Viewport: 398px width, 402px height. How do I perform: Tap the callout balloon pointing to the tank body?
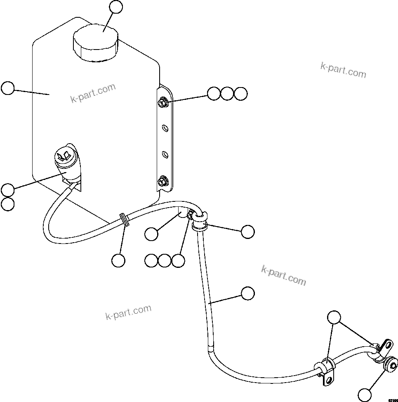[7, 88]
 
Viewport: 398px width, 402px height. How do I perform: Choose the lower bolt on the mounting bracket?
[162, 180]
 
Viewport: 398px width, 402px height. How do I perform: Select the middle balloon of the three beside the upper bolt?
[227, 94]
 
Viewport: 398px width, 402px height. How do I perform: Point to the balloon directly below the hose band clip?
[118, 260]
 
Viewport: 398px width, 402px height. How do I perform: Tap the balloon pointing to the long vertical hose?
[247, 293]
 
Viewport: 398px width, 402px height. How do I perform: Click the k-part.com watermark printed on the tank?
[93, 94]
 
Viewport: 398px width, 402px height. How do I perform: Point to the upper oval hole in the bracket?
[165, 128]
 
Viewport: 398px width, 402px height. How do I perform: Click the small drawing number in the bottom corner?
[393, 400]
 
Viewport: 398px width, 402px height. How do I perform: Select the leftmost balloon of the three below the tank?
[151, 260]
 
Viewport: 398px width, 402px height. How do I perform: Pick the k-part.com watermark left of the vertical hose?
[129, 312]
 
